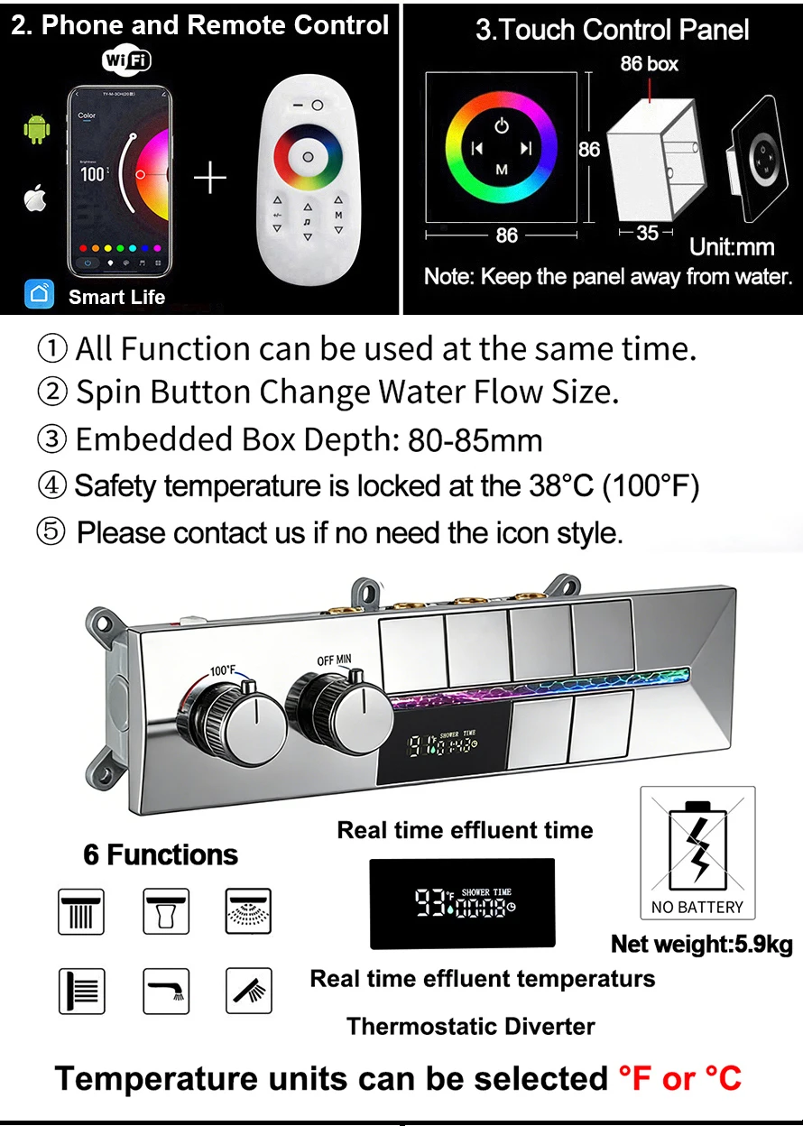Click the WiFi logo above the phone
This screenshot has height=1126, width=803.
(126, 60)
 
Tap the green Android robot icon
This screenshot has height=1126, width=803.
(36, 129)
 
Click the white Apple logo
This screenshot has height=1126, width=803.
(35, 198)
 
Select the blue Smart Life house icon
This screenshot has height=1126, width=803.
(39, 294)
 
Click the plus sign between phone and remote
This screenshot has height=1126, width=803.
(210, 179)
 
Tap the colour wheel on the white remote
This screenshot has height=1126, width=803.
(308, 156)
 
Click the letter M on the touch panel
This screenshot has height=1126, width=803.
(502, 170)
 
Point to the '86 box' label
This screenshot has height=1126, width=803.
(650, 64)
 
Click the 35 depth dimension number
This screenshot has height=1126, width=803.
(647, 233)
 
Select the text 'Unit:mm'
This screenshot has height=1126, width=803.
(732, 246)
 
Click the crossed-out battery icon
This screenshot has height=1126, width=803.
(697, 842)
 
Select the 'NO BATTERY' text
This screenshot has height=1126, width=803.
(697, 907)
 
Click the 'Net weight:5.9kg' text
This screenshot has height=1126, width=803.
(702, 945)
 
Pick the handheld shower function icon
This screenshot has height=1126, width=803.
(248, 991)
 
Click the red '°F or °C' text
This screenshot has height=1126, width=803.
(679, 1078)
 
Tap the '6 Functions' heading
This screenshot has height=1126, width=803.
(161, 855)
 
